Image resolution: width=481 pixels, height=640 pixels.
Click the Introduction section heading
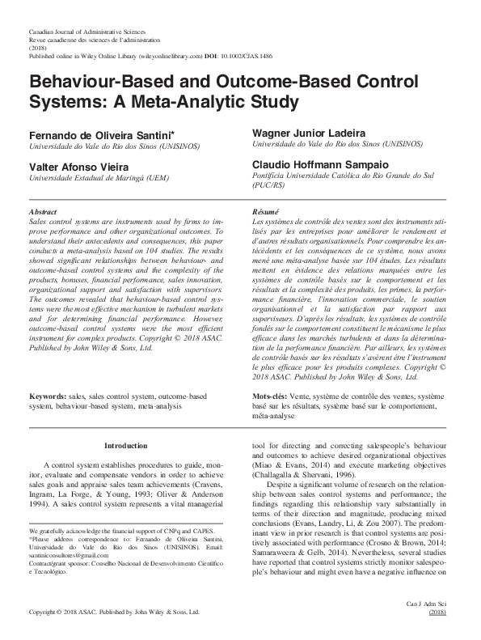tap(125, 446)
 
